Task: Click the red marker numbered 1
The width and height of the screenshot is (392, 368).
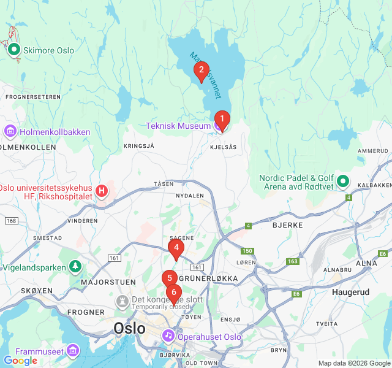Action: pos(222,119)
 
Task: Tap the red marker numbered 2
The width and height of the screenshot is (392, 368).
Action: pos(201,71)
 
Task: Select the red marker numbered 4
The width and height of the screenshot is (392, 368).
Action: pos(176,248)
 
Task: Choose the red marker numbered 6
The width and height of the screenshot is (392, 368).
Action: pos(174,293)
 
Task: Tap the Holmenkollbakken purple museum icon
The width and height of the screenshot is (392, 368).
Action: pos(10,132)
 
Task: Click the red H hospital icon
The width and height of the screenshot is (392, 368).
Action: pos(102,191)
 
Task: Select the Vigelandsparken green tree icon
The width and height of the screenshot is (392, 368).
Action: pos(75,267)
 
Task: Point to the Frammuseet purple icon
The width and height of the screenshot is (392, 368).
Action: pos(73,350)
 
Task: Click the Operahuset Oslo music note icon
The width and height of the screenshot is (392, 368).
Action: pos(168,337)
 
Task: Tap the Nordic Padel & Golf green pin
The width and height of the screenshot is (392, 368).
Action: pos(343,182)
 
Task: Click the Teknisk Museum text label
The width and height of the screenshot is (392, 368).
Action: pos(178,126)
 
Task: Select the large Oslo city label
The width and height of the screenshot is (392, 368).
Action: pos(129,328)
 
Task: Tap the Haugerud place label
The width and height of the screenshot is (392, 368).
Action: pos(350,292)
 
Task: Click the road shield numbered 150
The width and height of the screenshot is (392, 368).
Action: pos(247,251)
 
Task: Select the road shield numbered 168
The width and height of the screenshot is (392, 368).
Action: pos(11,220)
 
